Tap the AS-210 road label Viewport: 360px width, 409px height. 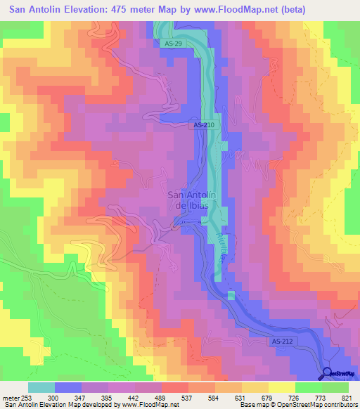203,125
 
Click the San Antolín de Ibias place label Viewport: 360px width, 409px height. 191,200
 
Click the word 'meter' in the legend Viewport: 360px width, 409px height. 10,397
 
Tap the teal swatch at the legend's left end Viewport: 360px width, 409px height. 41,387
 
